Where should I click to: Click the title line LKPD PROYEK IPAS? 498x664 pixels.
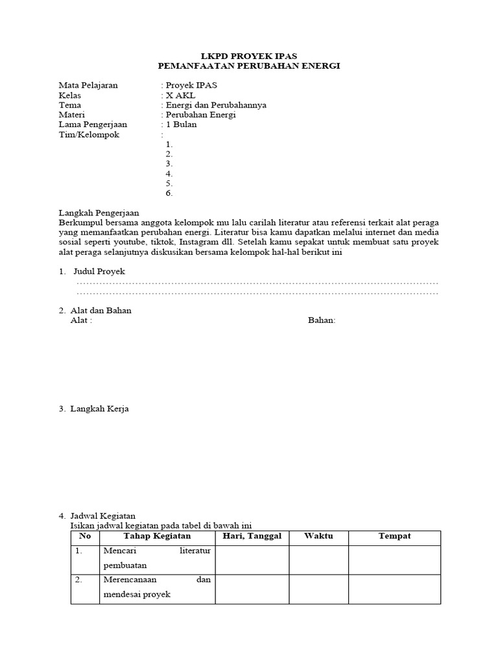(249, 56)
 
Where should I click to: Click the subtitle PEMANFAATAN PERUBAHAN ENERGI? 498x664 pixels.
(249, 66)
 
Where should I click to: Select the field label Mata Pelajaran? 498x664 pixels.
(88, 86)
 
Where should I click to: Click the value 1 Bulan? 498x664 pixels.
(181, 124)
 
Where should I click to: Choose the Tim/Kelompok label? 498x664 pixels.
(89, 134)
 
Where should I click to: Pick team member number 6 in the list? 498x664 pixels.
(169, 193)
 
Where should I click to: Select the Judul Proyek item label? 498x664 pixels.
(99, 272)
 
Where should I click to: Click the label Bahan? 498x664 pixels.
(322, 320)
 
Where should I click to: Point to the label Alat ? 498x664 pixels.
(81, 320)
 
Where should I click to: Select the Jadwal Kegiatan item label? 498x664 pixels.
(103, 516)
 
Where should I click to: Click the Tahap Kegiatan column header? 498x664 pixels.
(157, 537)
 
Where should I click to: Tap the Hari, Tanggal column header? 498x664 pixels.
(252, 537)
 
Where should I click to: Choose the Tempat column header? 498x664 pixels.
(394, 537)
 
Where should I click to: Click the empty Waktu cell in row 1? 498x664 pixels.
(318, 560)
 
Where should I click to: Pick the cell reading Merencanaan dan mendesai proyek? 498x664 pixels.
(157, 587)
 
